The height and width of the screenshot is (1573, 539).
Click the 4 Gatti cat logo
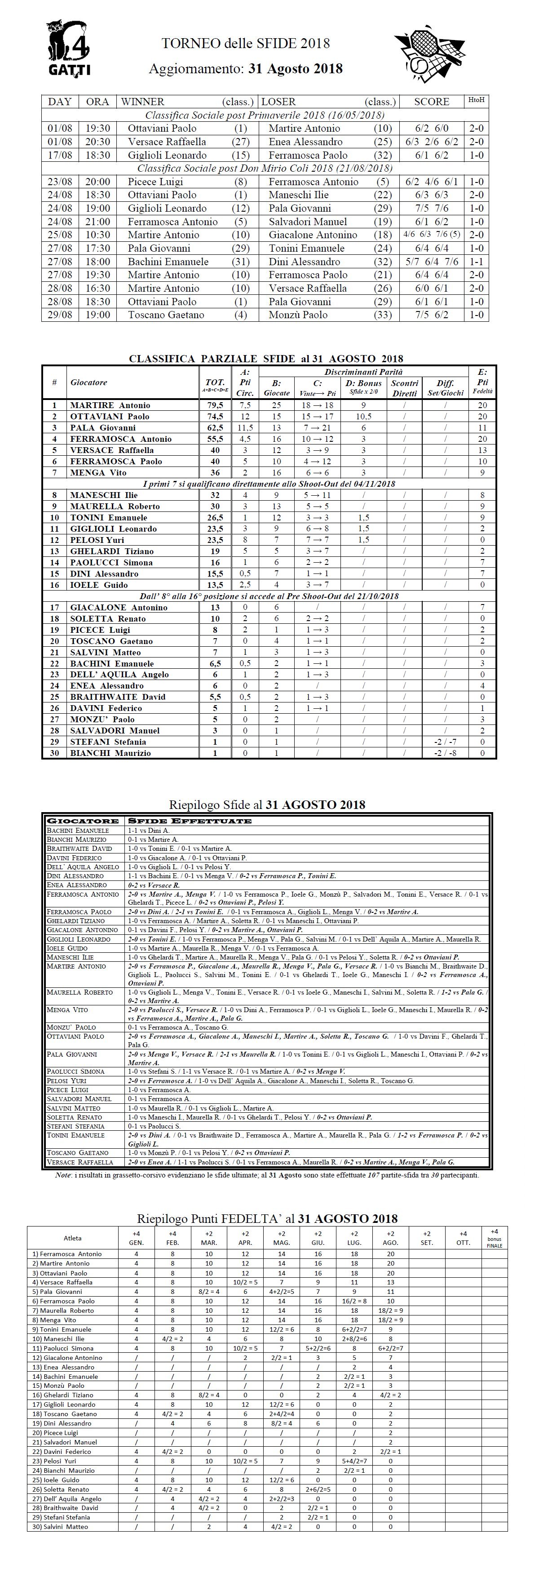(68, 48)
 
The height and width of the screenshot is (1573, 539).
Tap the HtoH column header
(476, 100)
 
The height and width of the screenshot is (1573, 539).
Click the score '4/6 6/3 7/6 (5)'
(431, 235)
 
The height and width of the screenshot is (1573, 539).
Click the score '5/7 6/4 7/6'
(431, 262)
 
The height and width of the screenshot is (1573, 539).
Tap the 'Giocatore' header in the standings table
(88, 382)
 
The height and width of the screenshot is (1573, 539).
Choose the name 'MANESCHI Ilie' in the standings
(104, 495)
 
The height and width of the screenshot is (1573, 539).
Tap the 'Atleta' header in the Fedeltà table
(73, 1238)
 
